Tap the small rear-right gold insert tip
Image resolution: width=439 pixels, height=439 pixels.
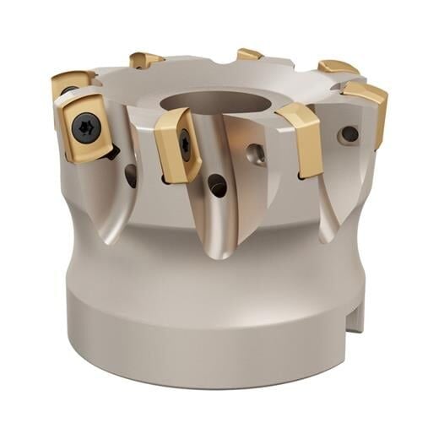[338, 66]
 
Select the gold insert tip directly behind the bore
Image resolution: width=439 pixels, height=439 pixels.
[249, 55]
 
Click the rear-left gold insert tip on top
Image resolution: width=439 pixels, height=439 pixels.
[145, 60]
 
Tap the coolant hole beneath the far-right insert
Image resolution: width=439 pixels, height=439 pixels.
[348, 133]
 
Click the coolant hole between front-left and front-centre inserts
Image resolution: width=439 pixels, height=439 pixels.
[131, 175]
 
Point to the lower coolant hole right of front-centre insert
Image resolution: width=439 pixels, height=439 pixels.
[217, 185]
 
